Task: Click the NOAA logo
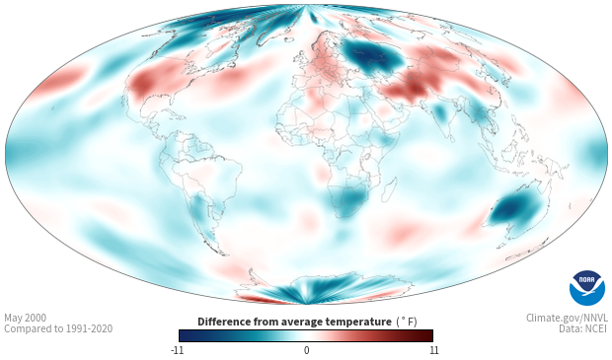587,288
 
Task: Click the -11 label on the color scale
177,350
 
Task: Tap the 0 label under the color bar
306,350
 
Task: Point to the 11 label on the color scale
433,350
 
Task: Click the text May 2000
25,318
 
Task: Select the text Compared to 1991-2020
58,328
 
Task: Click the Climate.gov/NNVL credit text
567,318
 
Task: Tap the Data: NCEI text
583,328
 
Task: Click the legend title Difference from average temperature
294,322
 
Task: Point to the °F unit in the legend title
408,322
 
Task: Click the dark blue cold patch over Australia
512,209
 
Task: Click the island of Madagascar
388,188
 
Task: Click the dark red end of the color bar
427,335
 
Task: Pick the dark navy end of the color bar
186,335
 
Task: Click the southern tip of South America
223,253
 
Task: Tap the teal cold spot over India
440,112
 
